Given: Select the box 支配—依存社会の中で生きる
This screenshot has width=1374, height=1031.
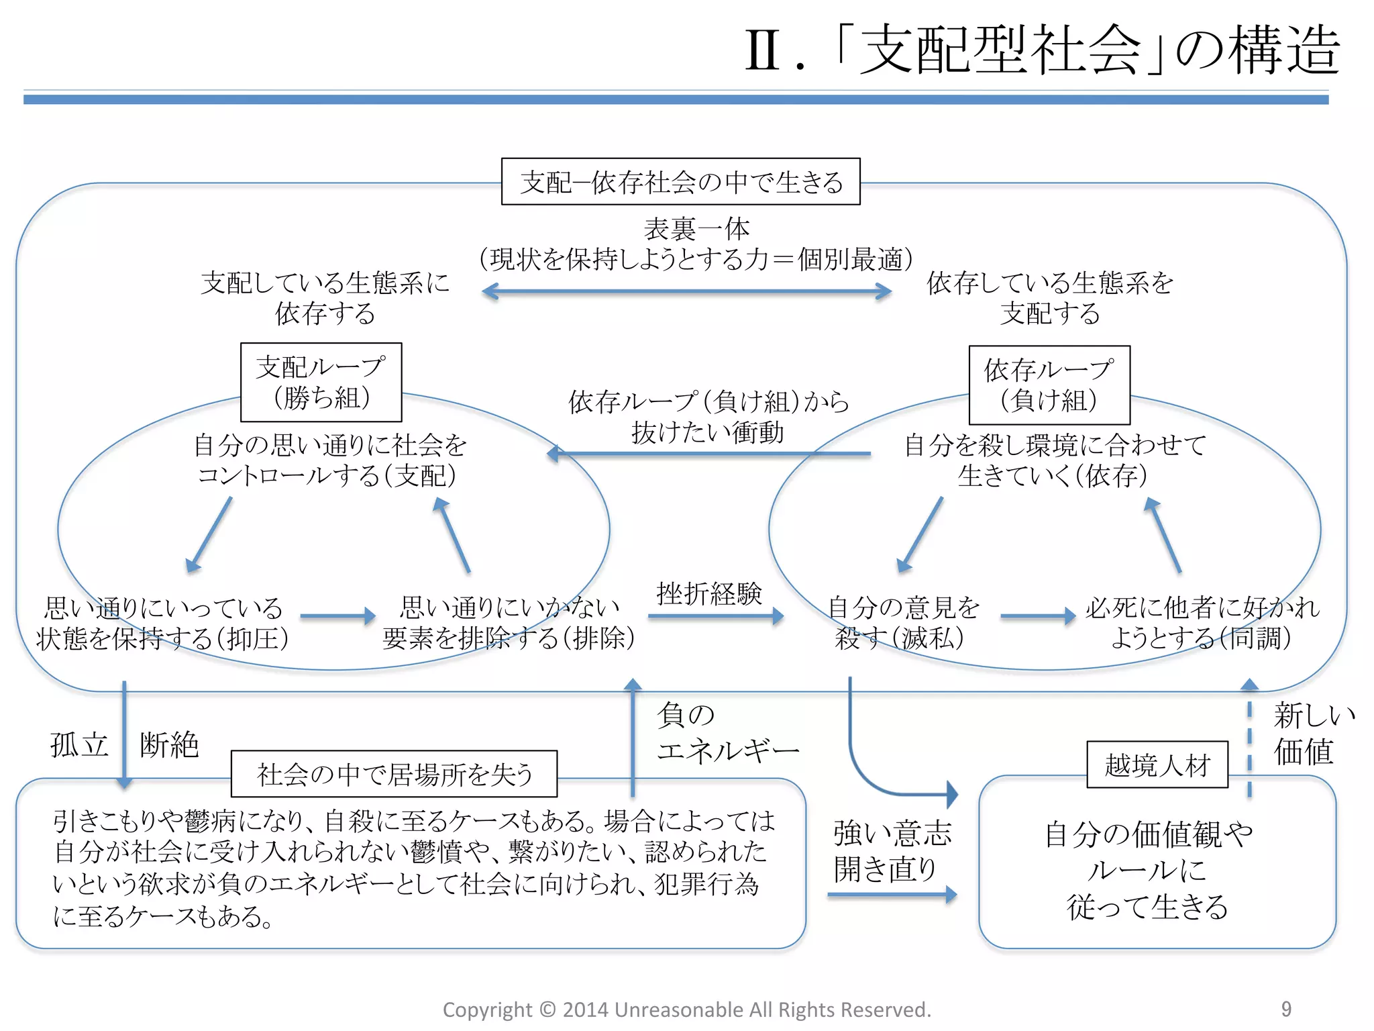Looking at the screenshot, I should tap(680, 182).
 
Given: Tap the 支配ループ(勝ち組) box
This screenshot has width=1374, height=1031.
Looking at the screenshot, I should tap(321, 382).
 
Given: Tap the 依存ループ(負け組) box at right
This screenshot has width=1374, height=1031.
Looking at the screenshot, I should tap(1049, 385).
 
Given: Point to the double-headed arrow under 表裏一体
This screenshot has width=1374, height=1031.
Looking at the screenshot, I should tap(686, 291).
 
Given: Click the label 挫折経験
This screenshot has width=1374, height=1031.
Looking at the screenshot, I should tap(708, 593).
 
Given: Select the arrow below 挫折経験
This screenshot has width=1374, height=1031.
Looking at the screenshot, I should tap(715, 616).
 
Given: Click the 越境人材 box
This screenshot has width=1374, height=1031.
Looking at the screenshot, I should tap(1157, 765).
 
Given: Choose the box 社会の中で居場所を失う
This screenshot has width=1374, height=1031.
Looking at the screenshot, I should tap(394, 774).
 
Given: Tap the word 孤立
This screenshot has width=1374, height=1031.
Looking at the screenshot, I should tap(79, 745).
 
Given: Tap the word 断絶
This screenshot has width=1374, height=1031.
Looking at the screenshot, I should tap(169, 745).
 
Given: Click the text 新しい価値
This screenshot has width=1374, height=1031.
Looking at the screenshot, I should tap(1308, 733).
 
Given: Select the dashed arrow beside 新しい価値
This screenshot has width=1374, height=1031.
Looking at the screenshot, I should tap(1249, 738).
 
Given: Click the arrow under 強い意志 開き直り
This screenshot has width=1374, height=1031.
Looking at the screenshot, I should tap(891, 895).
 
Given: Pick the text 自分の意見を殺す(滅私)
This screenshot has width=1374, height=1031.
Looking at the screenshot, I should tap(902, 623).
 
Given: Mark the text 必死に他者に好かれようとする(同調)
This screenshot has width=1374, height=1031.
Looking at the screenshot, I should tap(1201, 623).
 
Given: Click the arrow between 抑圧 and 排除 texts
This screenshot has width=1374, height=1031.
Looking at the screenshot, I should tap(337, 616).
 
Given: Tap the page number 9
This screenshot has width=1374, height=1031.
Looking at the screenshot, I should tap(1285, 1009).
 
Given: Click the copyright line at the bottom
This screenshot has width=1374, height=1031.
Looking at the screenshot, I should tap(686, 1010).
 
